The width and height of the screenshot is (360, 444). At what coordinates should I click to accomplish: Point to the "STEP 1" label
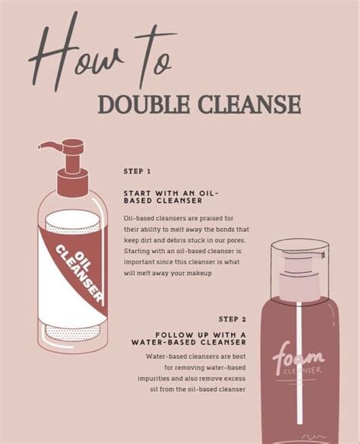(x=137, y=172)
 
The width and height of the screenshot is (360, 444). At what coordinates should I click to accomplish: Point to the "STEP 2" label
(x=232, y=319)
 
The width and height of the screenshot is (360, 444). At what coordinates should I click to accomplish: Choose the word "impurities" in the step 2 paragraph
(x=156, y=378)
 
